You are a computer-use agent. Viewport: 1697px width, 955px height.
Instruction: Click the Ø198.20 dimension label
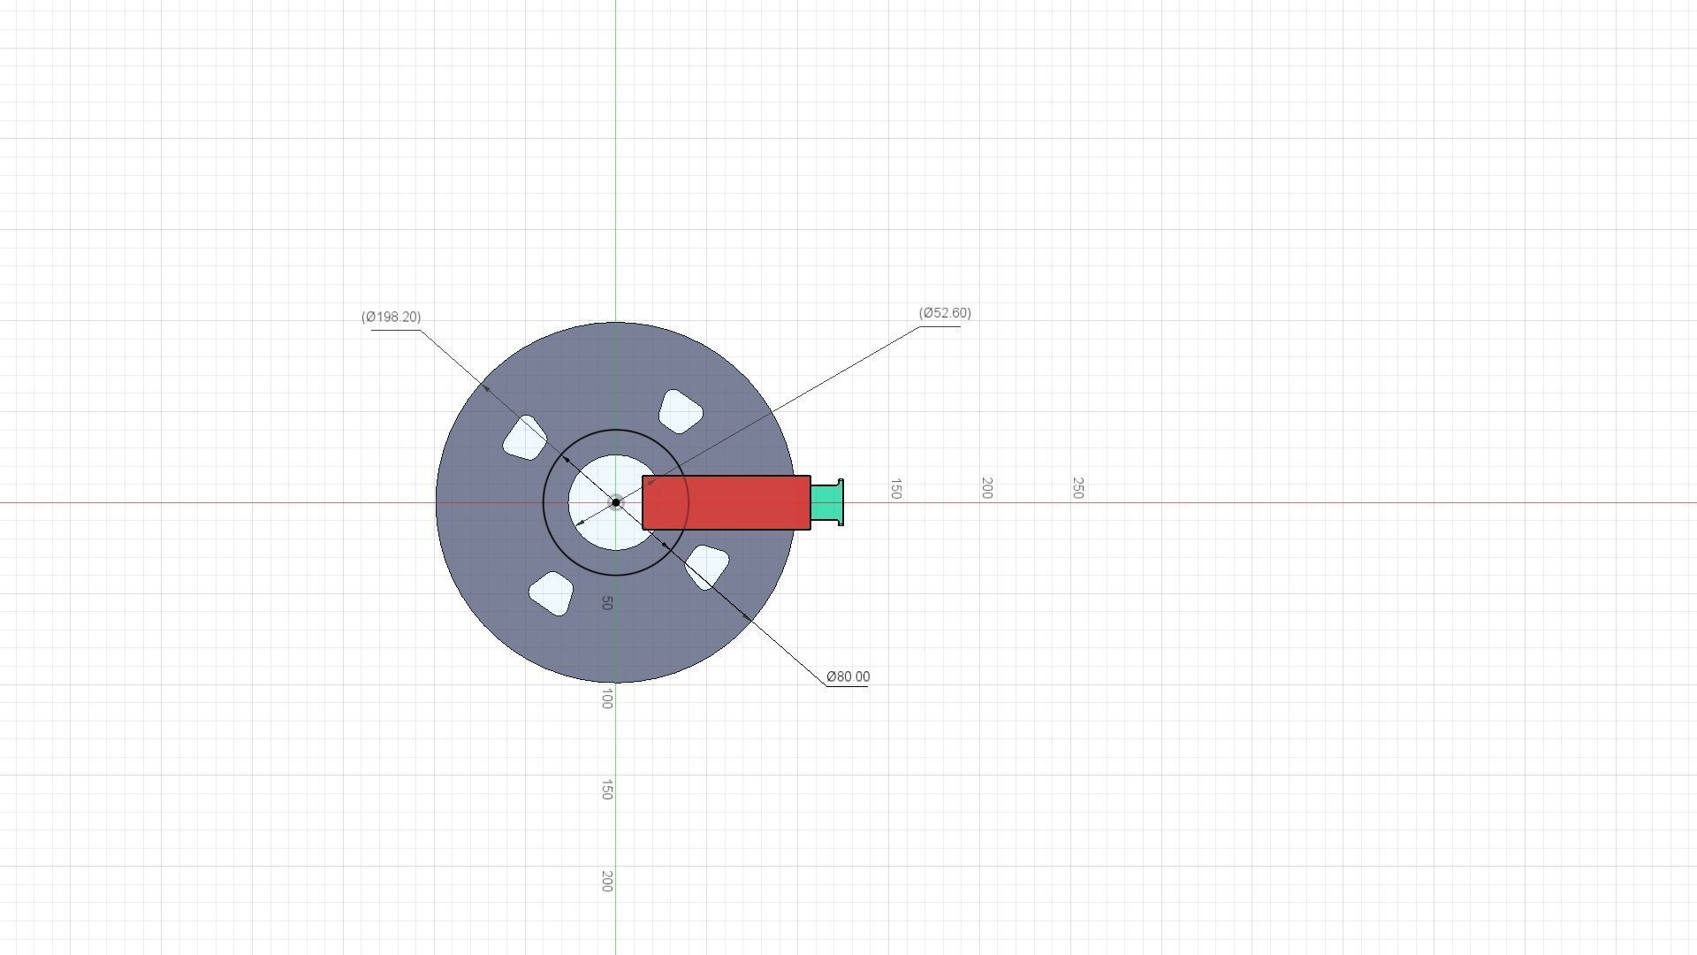tap(391, 317)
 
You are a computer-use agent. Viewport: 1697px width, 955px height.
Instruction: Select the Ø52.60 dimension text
tap(945, 313)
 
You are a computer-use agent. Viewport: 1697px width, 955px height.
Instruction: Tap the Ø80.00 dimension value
tap(848, 676)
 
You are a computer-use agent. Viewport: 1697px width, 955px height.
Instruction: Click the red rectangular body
tap(726, 502)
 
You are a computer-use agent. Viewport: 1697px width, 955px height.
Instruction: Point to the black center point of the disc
tap(616, 502)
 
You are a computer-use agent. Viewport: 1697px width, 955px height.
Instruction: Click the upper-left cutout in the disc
tap(525, 438)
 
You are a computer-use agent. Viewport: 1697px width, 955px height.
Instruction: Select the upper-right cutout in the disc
tap(681, 411)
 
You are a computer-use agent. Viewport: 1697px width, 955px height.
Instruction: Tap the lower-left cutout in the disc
tap(551, 593)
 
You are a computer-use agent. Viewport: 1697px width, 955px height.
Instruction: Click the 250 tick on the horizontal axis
tap(1077, 488)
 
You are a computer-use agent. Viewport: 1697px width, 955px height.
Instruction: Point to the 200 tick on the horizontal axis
tap(986, 488)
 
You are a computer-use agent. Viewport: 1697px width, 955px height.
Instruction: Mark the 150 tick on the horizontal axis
tap(895, 489)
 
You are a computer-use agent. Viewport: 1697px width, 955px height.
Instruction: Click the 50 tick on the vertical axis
tap(606, 603)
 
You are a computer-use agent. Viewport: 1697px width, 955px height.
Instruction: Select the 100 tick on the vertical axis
tap(606, 699)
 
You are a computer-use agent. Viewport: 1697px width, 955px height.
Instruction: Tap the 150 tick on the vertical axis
tap(606, 790)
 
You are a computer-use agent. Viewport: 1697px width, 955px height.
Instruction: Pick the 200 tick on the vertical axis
tap(606, 881)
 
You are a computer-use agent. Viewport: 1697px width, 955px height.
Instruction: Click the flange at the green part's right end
tap(840, 502)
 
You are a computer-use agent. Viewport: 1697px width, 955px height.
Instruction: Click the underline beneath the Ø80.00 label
tap(847, 686)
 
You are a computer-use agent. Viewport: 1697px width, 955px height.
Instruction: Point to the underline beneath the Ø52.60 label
tap(940, 326)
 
